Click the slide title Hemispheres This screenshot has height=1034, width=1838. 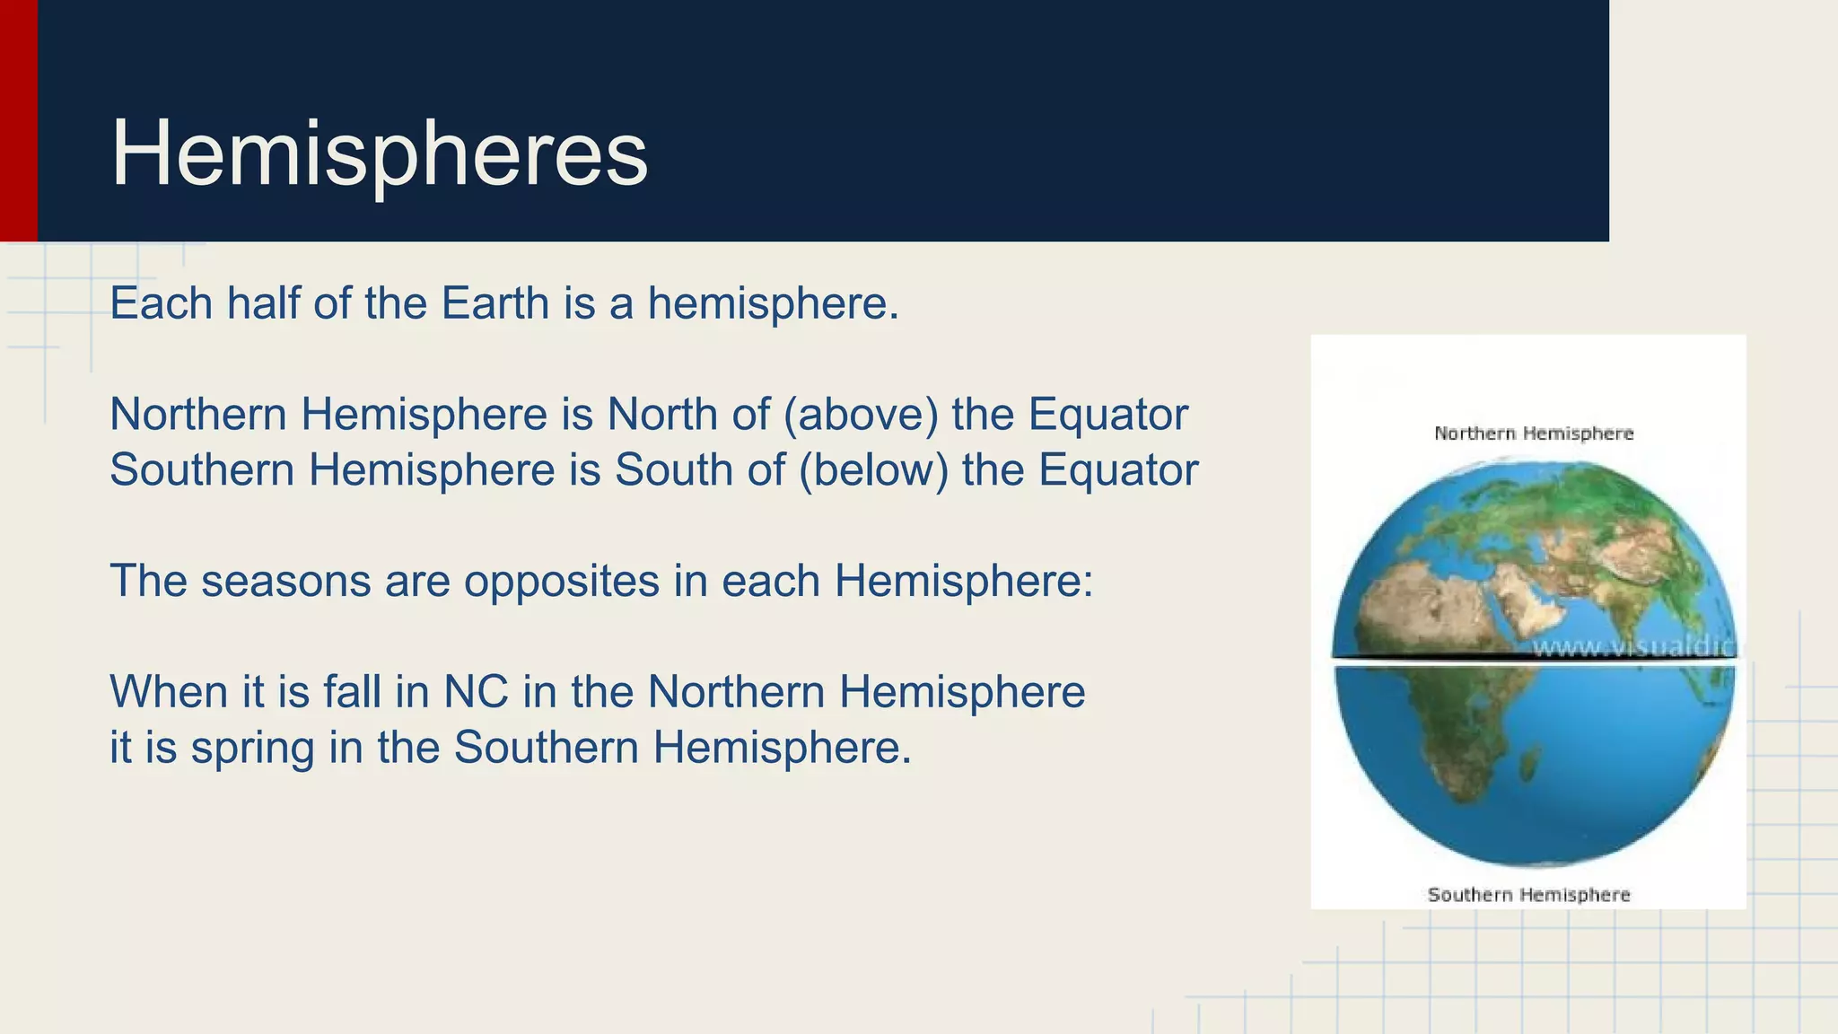tap(379, 154)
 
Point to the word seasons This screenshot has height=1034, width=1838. tap(285, 581)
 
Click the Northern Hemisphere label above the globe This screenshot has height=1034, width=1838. tap(1534, 434)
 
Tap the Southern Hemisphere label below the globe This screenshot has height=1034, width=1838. tap(1528, 895)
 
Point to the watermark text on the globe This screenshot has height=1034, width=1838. tap(1633, 647)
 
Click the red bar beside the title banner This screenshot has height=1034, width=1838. tap(18, 120)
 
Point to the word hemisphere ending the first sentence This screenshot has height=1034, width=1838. tap(773, 303)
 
